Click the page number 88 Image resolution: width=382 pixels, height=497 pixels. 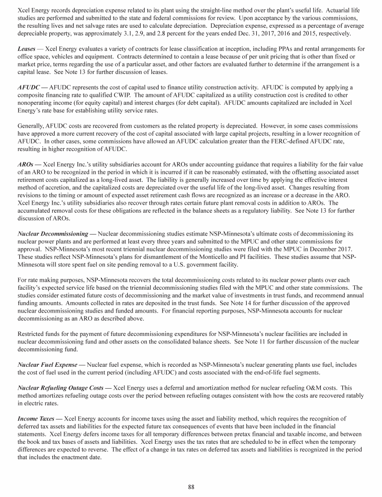point(191,487)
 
